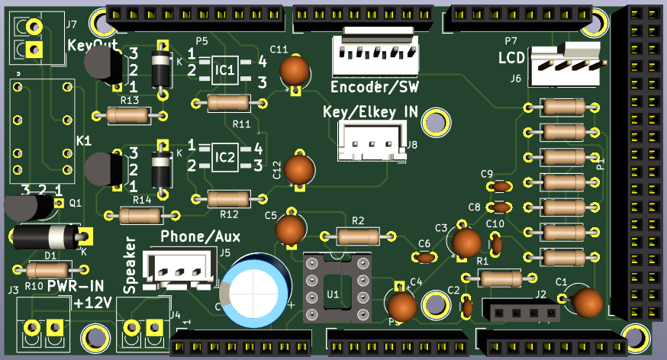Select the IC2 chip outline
[227, 158]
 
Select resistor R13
[128, 115]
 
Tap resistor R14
[141, 215]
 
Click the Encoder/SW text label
[374, 85]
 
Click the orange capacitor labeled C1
[588, 302]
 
